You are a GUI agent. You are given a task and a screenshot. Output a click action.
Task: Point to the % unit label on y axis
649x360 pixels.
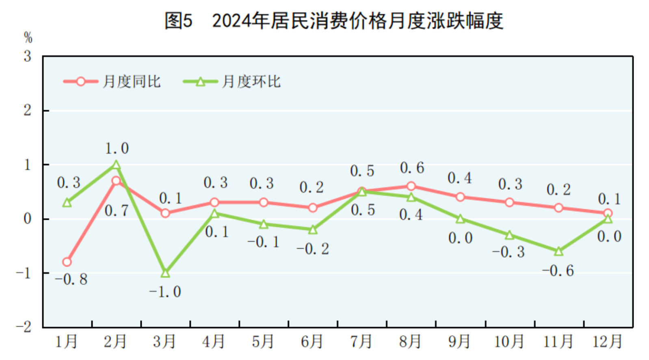(28, 37)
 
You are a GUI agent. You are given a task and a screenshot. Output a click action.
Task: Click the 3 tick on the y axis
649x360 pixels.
(27, 56)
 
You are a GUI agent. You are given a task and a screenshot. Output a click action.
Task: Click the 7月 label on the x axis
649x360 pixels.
(361, 341)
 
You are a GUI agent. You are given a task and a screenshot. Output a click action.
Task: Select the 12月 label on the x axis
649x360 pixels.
(607, 341)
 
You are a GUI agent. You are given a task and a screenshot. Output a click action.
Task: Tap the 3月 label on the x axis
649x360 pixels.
(164, 341)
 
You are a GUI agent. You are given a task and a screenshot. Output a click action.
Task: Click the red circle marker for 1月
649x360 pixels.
(67, 262)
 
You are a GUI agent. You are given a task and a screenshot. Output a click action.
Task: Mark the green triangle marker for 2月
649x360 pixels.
(116, 165)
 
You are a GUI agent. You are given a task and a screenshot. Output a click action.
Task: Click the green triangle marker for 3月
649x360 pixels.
(165, 273)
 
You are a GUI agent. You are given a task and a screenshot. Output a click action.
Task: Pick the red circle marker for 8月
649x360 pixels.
(411, 186)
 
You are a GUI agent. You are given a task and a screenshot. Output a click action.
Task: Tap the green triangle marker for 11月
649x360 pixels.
(558, 252)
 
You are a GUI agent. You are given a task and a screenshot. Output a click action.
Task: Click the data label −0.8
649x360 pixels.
(71, 279)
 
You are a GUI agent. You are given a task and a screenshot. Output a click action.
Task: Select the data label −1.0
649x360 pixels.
(165, 292)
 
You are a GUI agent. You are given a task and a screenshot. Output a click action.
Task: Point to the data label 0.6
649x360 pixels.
(412, 168)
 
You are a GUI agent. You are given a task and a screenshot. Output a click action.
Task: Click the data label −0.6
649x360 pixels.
(558, 271)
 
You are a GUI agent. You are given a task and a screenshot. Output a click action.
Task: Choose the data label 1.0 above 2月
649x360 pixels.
(117, 148)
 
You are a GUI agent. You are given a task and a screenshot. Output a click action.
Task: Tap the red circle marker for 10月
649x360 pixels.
(509, 202)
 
